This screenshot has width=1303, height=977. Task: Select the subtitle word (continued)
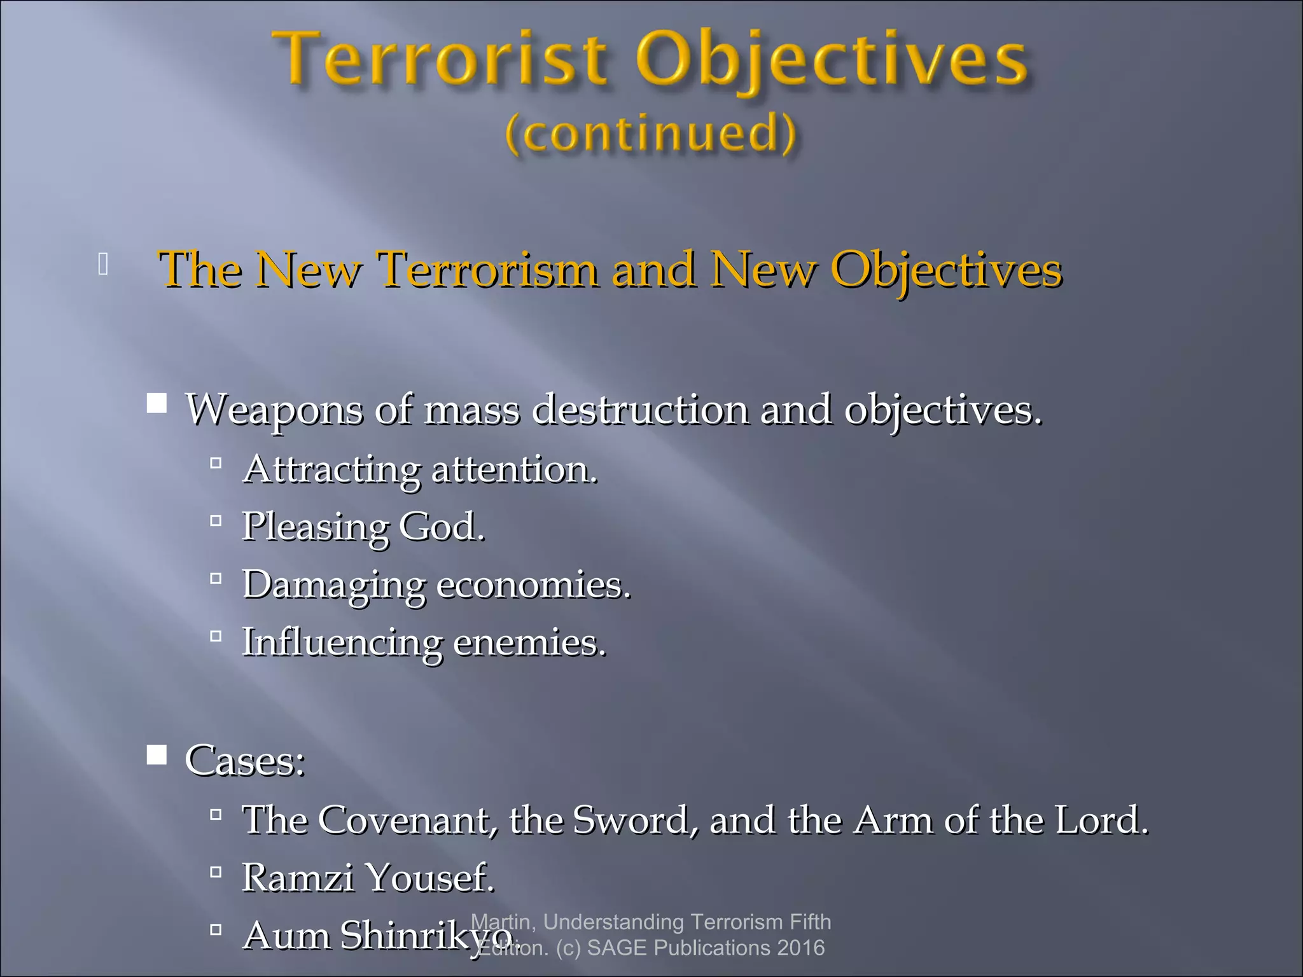click(650, 133)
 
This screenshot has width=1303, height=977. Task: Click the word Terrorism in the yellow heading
click(488, 270)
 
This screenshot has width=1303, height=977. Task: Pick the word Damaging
click(333, 585)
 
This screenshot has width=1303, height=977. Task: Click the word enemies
click(529, 642)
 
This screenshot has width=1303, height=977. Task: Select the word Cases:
click(245, 759)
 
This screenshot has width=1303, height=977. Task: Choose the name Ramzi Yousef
click(368, 878)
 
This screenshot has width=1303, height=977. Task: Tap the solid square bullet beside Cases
click(157, 755)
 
